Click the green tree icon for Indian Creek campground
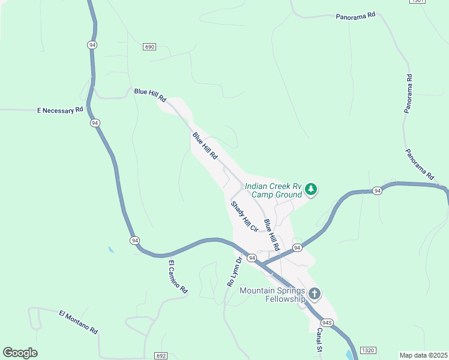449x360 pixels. [x=311, y=190]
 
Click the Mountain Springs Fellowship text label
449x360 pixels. [x=273, y=295]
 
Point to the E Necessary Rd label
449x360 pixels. [x=59, y=110]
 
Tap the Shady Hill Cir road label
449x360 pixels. [x=244, y=217]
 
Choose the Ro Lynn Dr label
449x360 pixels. [x=234, y=271]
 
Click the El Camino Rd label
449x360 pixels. [x=178, y=277]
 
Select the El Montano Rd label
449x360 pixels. [x=78, y=322]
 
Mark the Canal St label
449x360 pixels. [x=320, y=340]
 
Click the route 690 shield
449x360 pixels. [x=149, y=47]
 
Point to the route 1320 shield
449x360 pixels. [x=368, y=350]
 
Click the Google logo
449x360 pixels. [x=20, y=353]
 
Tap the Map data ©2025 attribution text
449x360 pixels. [x=424, y=355]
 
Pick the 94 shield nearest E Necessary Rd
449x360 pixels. [x=95, y=123]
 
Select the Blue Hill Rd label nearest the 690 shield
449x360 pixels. [x=149, y=95]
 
